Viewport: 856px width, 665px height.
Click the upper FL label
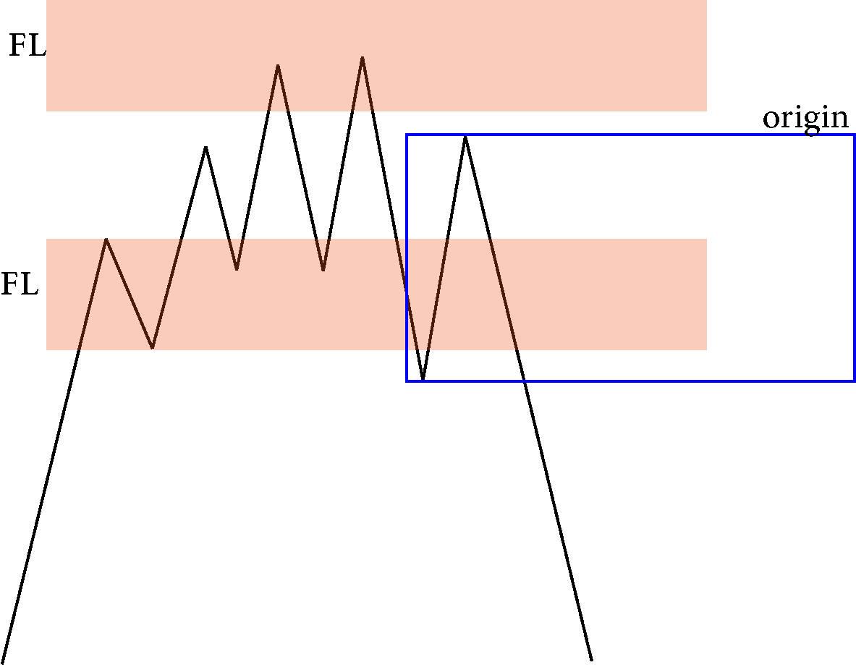click(27, 46)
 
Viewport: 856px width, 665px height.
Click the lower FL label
click(20, 284)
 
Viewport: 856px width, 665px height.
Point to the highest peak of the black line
click(363, 57)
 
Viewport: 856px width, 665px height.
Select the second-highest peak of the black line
click(278, 66)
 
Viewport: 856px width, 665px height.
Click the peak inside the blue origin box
click(465, 137)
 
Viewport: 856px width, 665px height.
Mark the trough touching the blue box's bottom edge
click(423, 379)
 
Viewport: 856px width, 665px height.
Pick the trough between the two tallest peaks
click(323, 270)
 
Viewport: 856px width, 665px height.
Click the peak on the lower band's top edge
click(106, 239)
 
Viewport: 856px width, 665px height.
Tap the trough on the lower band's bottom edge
click(152, 348)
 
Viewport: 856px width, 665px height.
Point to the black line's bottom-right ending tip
click(592, 659)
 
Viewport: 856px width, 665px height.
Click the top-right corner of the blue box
click(854, 135)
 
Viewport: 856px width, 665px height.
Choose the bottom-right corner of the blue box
click(854, 381)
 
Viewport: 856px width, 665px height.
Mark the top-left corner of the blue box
click(407, 135)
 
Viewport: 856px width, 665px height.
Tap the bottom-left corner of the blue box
click(407, 381)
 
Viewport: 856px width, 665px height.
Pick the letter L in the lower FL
click(30, 284)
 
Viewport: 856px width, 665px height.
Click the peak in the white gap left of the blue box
click(205, 147)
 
